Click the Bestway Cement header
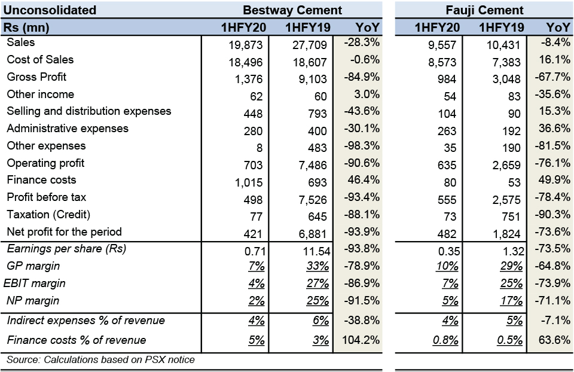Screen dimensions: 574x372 [292, 10]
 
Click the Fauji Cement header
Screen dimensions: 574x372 [484, 10]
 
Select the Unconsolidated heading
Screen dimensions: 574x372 [50, 10]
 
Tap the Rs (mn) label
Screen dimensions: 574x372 [26, 28]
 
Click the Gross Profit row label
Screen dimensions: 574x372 [36, 77]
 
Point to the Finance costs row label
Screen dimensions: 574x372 [41, 180]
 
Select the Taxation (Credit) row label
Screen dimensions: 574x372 [48, 214]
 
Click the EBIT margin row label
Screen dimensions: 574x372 [35, 283]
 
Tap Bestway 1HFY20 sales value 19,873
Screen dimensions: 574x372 [246, 45]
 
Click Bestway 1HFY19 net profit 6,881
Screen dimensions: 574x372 [312, 234]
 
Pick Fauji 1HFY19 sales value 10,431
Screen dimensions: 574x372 [503, 45]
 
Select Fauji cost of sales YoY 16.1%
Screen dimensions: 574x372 [555, 59]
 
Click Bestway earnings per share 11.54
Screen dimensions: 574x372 [317, 251]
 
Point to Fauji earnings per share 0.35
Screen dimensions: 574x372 [449, 251]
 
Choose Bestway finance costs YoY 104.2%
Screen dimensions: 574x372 [361, 340]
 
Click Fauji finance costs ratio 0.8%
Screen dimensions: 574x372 [445, 340]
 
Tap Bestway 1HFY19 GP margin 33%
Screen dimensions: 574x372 [317, 266]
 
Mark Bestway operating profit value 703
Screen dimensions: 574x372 [254, 165]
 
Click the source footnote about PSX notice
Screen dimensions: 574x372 [100, 359]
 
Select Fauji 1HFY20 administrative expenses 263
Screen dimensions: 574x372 [447, 131]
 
